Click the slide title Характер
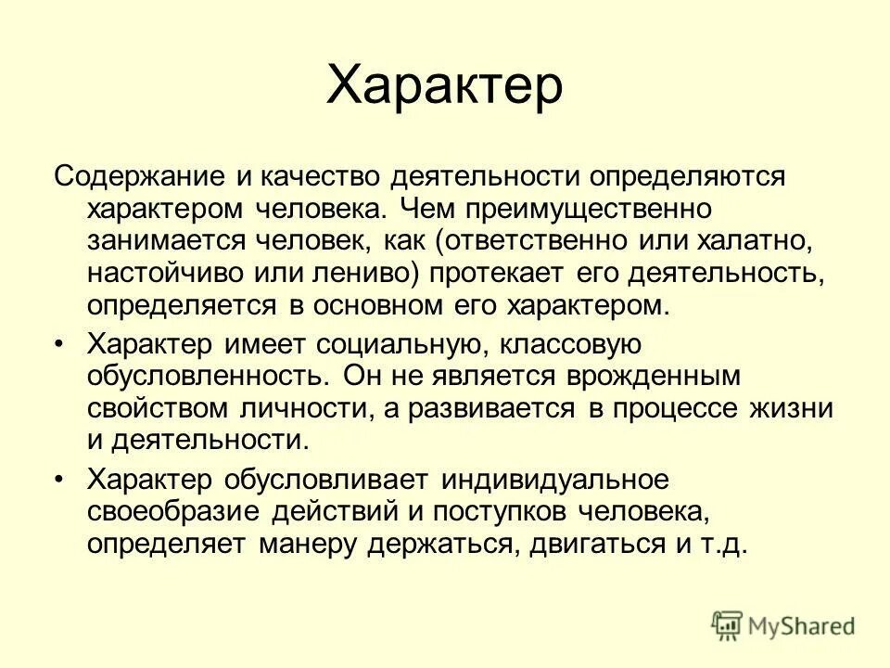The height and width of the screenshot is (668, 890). [445, 86]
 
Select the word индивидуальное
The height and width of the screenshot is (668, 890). [555, 480]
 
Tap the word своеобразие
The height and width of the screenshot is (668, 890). [173, 512]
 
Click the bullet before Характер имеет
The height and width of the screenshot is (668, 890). [60, 345]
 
